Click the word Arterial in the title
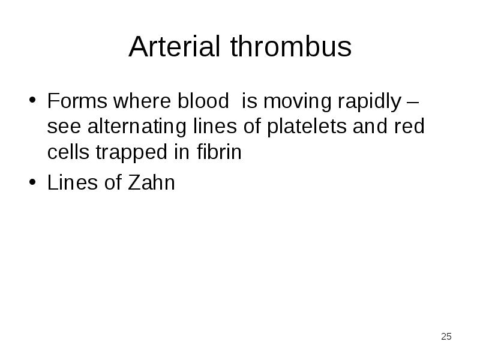coord(175,46)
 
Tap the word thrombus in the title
coord(291,46)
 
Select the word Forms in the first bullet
coord(77,101)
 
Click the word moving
coord(297,103)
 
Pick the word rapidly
coord(370,103)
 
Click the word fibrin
coord(219,151)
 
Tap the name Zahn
coord(151,182)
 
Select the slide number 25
coord(446,337)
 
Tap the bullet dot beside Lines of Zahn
coord(32,182)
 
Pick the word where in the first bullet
coord(142,101)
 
